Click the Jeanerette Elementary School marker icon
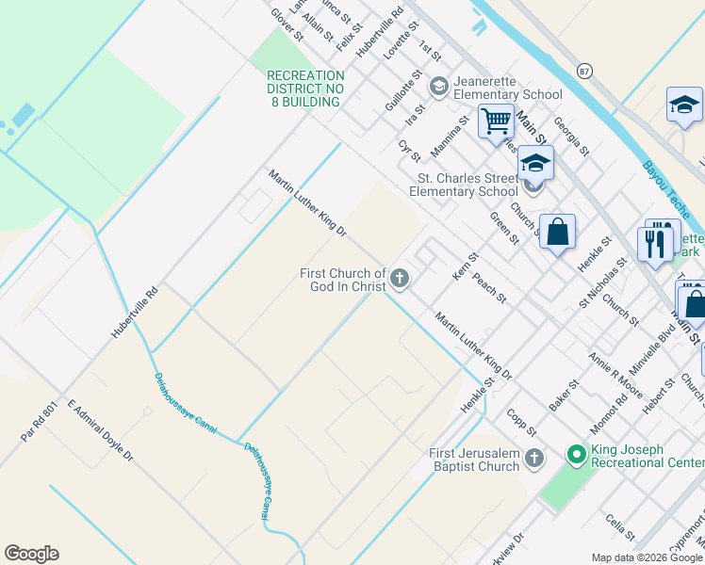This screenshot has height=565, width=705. [x=438, y=87]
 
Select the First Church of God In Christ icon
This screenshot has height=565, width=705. [x=401, y=278]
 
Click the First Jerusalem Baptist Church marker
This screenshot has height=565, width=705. [x=534, y=459]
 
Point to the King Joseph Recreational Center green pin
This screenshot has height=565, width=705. [x=577, y=456]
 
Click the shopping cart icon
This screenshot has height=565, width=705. [x=495, y=121]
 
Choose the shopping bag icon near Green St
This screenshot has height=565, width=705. [x=557, y=232]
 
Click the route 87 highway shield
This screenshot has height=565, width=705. [x=585, y=72]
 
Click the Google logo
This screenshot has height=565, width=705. [x=31, y=554]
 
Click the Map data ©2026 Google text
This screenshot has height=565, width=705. [x=646, y=557]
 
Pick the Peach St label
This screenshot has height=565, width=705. [x=489, y=288]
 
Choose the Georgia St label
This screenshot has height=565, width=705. [x=571, y=137]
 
